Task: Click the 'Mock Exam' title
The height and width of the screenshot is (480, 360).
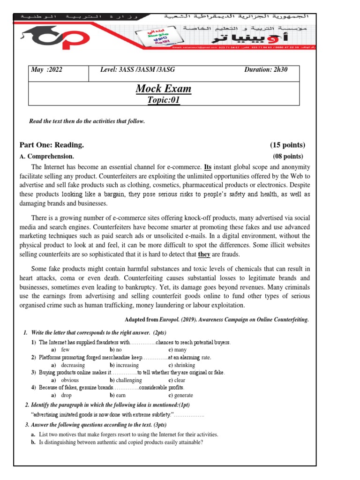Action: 163,89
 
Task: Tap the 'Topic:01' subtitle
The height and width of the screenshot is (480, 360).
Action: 164,99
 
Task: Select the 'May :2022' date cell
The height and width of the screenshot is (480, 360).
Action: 46,70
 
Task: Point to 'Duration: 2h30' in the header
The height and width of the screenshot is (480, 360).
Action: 266,70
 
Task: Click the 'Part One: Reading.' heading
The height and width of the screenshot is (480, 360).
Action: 52,145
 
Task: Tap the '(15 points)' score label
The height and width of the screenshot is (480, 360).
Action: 287,145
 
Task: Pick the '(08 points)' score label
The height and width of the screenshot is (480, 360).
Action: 288,156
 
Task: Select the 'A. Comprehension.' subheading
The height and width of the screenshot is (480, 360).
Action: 46,156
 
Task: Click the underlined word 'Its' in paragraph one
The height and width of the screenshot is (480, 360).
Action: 209,167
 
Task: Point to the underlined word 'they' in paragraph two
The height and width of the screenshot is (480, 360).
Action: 204,254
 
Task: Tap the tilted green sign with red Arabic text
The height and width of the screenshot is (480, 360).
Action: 150,37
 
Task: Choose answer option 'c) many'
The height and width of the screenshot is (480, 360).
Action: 178,350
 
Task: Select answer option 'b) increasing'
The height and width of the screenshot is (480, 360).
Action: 126,365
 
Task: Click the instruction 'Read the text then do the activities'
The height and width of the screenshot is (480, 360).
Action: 87,121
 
